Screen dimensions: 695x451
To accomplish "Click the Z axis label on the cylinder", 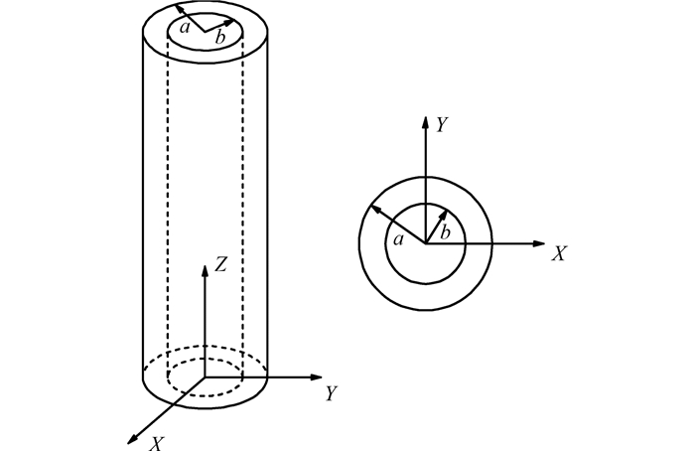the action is coord(220,264).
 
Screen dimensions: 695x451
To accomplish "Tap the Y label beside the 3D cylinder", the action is coord(332,393).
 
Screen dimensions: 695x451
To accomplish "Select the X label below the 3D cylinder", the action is coord(157,443).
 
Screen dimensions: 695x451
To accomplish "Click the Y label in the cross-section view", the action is coord(443,124).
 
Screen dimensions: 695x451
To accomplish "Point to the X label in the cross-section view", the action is coord(559,253).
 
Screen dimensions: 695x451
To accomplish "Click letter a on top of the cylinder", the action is coord(185,28).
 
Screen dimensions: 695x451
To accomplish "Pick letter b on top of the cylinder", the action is coord(219,37).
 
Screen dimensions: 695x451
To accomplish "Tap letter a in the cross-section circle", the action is coord(399,240).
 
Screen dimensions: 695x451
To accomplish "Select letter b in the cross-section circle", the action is coord(445,232).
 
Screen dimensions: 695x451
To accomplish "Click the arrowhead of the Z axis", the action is coord(205,270).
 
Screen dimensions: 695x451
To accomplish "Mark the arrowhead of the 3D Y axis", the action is coord(316,377).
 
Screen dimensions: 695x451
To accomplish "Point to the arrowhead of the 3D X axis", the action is coord(132,439).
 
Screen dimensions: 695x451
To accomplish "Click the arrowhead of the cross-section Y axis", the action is coord(426,122).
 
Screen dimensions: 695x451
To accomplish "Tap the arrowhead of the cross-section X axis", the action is coord(538,243).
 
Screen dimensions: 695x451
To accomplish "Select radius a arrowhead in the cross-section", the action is coord(375,209).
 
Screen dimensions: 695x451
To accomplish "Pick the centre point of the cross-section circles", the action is coord(426,243).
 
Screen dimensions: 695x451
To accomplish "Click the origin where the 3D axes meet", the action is coord(205,377).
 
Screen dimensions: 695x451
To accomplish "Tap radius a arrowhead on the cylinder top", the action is coord(180,8).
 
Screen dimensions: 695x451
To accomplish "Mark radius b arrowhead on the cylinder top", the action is coord(229,22).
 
